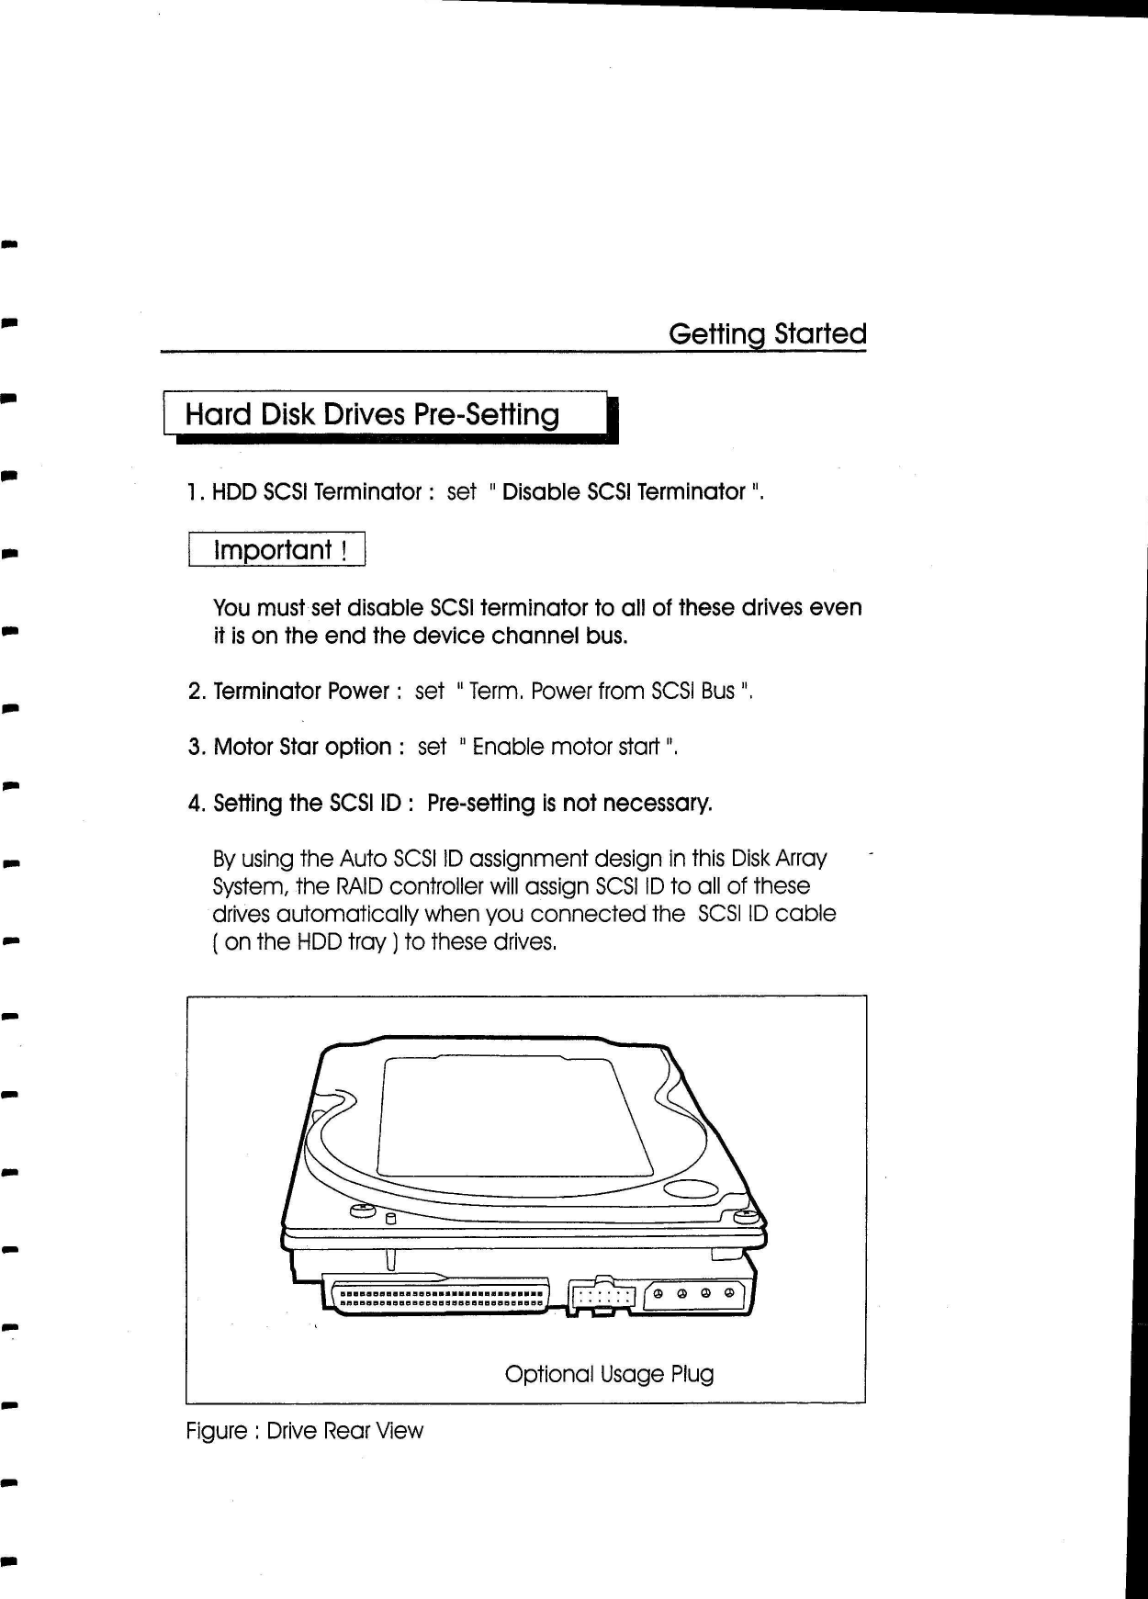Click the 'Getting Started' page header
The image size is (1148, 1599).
767,333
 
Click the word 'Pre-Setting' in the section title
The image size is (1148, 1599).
486,414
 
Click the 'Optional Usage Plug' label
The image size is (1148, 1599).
609,1374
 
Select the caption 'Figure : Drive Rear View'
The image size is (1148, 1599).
304,1431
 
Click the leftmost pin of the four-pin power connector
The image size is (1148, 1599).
659,1294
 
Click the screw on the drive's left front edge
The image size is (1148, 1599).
360,1211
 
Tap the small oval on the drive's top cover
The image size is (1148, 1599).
692,1191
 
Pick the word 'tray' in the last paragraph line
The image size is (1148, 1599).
366,943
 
